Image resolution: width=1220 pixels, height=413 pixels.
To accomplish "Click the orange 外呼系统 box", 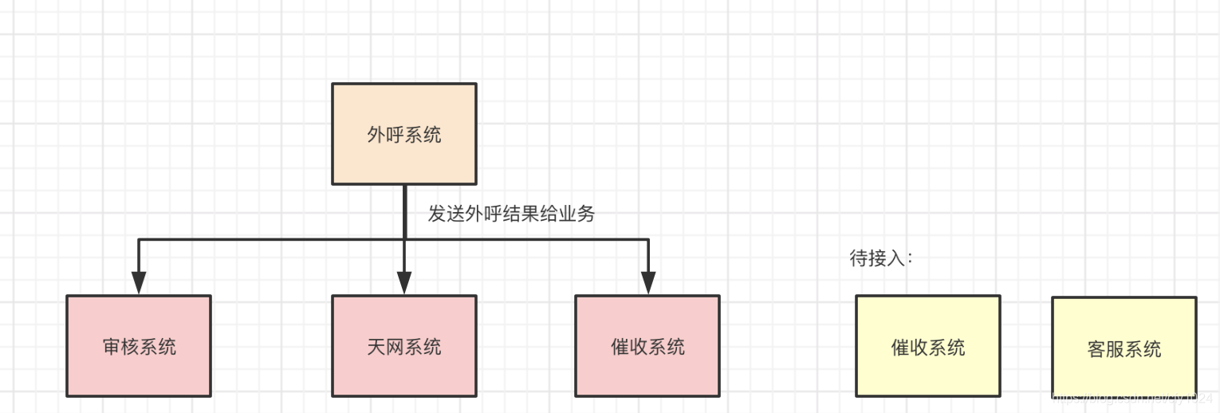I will (x=404, y=134).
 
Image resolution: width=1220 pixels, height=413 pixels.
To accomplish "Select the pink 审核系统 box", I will (x=139, y=346).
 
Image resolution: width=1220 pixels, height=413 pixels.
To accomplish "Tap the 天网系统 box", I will (x=404, y=346).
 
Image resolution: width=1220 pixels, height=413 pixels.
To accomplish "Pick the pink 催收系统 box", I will (x=647, y=346).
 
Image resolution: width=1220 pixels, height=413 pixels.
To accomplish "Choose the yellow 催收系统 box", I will (x=927, y=346).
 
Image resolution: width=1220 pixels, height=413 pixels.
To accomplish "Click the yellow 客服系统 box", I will (x=1124, y=348).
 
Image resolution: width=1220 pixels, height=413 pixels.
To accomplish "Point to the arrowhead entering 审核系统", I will (x=139, y=283).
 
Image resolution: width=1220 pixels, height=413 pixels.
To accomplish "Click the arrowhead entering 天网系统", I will (x=404, y=283).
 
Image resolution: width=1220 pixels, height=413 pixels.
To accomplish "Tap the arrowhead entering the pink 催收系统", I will (x=647, y=283).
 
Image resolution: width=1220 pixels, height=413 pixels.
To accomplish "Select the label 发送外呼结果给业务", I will (x=511, y=214).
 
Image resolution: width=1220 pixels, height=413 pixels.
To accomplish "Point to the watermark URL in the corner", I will (x=1132, y=397).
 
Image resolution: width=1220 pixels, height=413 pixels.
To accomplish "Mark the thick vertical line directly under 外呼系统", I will (x=405, y=211).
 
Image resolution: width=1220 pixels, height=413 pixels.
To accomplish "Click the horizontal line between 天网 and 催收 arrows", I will (x=526, y=239).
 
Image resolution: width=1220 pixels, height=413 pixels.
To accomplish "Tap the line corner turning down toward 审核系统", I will (x=140, y=239).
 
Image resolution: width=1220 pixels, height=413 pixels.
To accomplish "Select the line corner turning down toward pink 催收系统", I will (x=647, y=239).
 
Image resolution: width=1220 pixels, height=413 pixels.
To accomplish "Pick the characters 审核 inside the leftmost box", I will (x=120, y=347).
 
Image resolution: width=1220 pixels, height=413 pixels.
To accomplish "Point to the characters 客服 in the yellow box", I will (x=1105, y=349).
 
